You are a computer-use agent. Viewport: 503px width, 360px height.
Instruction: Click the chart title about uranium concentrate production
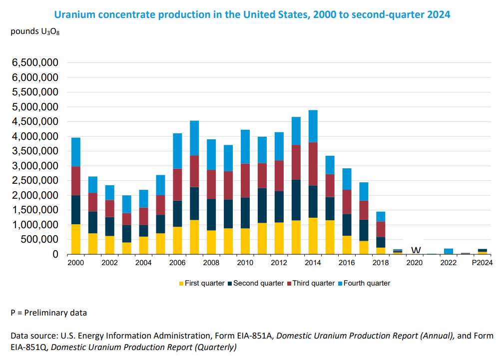click(x=252, y=14)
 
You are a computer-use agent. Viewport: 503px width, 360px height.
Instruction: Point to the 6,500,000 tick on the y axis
click(x=35, y=63)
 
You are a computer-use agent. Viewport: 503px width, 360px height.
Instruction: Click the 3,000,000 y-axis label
click(x=35, y=166)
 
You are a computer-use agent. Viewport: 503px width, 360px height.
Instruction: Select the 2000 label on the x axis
click(x=76, y=263)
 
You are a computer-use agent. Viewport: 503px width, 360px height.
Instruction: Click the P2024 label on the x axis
click(x=483, y=263)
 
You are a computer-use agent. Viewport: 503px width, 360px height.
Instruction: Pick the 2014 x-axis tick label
click(x=313, y=263)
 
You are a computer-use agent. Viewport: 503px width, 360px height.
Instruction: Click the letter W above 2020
click(x=416, y=250)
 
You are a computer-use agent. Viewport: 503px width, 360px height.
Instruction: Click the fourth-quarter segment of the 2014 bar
click(x=313, y=126)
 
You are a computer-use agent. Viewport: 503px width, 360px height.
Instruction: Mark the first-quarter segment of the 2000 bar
click(x=76, y=239)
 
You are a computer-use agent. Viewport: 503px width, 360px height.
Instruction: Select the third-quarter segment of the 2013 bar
click(x=296, y=162)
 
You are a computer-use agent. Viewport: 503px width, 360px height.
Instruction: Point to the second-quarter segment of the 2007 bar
click(x=194, y=203)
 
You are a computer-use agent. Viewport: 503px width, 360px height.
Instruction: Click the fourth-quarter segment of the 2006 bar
click(x=177, y=151)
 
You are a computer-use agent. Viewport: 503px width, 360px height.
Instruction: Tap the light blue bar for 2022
click(x=449, y=251)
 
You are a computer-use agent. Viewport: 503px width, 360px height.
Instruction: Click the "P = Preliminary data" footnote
click(x=49, y=313)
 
